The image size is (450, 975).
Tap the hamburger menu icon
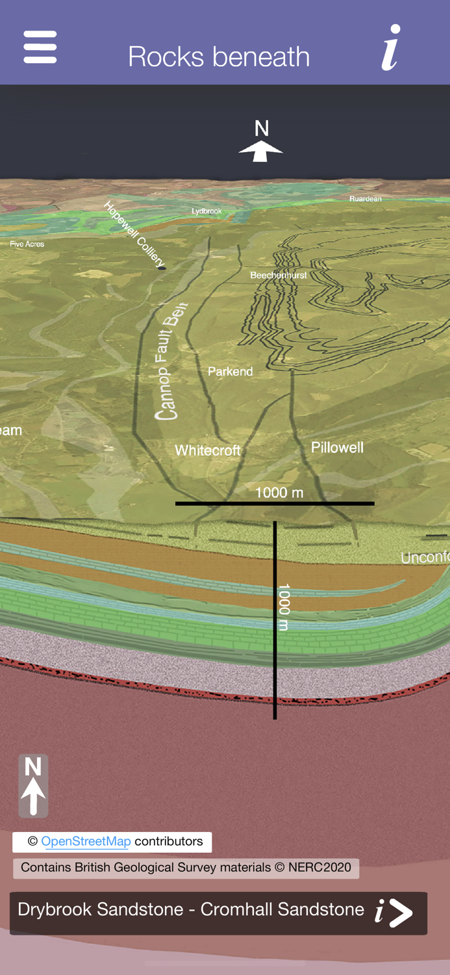click(40, 47)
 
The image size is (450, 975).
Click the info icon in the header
click(390, 47)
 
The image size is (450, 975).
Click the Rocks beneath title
click(219, 57)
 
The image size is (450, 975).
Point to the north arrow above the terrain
click(261, 142)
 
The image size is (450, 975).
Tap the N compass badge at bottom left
click(33, 786)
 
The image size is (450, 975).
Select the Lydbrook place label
click(206, 211)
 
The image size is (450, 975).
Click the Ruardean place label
click(366, 199)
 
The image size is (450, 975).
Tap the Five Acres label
click(27, 244)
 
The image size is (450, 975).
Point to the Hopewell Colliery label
click(135, 235)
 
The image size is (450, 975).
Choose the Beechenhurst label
click(279, 276)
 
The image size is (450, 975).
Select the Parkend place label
click(230, 372)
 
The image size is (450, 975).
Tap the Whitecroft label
click(208, 450)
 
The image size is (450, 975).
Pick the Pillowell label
click(337, 447)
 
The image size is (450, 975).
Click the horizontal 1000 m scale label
click(279, 493)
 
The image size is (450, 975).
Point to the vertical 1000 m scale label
click(284, 607)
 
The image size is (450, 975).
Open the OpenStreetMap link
click(86, 842)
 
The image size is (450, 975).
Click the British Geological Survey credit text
click(186, 868)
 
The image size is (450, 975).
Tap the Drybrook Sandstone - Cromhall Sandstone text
click(190, 909)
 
